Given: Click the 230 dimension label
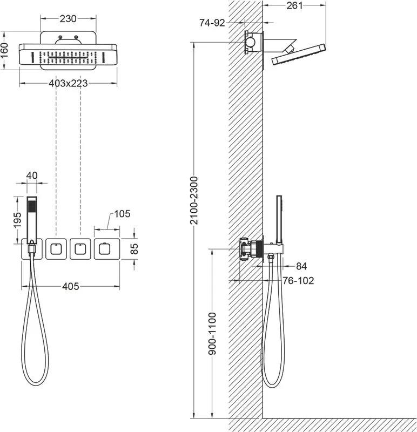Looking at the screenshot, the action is (x=68, y=19).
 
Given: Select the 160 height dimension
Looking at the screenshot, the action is (x=5, y=50).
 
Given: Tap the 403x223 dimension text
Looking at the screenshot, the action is (x=68, y=83).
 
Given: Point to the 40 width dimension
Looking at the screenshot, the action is (x=32, y=175).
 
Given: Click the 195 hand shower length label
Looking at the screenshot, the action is (x=17, y=220).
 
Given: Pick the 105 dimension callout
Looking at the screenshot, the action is (x=122, y=214).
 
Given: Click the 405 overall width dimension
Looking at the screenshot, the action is (x=71, y=287).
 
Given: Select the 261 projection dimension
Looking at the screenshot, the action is (x=294, y=5).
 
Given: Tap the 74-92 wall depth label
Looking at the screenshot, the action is (x=212, y=23).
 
